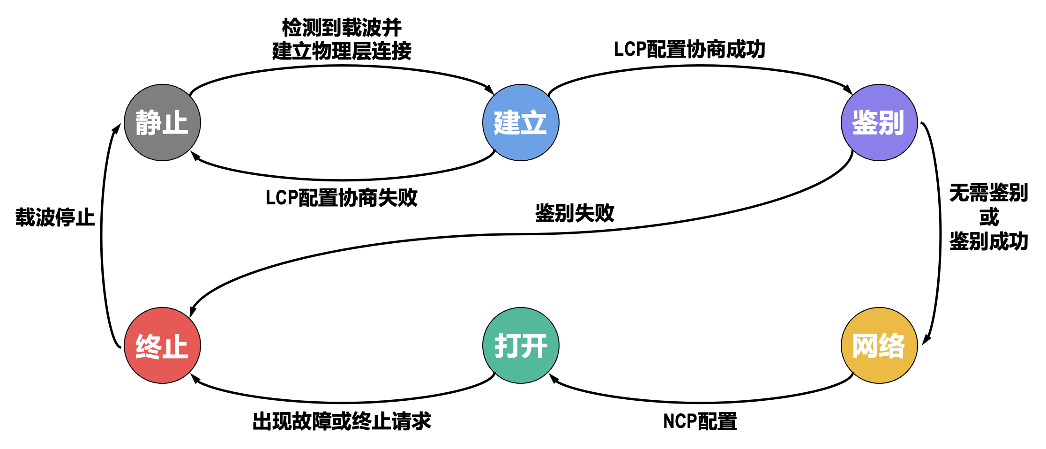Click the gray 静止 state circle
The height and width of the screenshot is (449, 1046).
tap(162, 123)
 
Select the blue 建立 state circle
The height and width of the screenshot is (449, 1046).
tap(521, 123)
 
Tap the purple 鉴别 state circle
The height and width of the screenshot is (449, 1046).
tap(879, 123)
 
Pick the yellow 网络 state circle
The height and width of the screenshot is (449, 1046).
tap(879, 345)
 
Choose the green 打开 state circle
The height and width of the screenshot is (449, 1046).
tap(521, 345)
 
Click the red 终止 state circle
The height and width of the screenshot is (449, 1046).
tap(162, 345)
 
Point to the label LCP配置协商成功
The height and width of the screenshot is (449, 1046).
tap(689, 49)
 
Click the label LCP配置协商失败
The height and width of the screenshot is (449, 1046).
tap(341, 198)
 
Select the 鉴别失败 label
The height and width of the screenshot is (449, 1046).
tap(575, 213)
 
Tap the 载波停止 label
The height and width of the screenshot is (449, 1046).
tap(55, 217)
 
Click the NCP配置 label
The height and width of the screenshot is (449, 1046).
tap(700, 421)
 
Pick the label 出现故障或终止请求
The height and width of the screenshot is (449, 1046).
tap(341, 421)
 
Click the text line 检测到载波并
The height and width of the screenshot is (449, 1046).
tap(342, 28)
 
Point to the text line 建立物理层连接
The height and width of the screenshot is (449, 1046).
tap(342, 51)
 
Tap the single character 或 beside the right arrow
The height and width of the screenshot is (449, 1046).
tap(989, 217)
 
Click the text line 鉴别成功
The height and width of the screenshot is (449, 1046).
tap(988, 241)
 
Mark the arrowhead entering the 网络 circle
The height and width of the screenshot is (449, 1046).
tap(926, 339)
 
